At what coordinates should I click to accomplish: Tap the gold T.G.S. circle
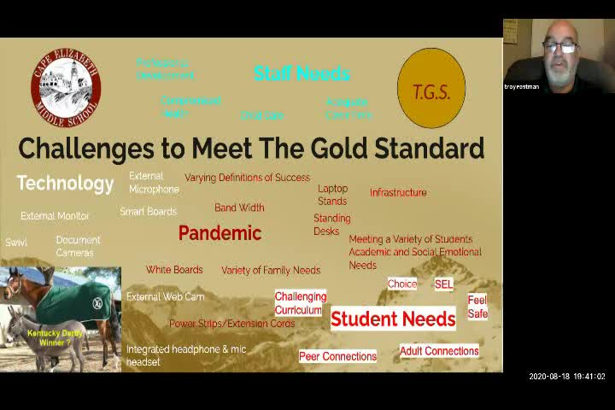point(431,89)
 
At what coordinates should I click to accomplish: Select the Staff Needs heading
point(302,73)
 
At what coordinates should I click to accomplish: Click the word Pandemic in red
point(220,232)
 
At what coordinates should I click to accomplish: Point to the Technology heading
point(65,183)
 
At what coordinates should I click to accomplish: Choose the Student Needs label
point(393,319)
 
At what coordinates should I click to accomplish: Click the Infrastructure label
point(398,192)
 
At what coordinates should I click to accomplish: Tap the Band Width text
point(239,207)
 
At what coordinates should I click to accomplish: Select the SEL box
point(443,284)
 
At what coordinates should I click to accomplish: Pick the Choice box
point(401,284)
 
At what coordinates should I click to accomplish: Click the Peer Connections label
point(337,356)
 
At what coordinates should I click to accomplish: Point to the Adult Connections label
point(439,350)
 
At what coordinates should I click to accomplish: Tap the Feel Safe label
point(477,307)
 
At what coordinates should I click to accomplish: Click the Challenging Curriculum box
point(299,303)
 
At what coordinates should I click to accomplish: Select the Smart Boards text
point(148,211)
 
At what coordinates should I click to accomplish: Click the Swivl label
point(16,243)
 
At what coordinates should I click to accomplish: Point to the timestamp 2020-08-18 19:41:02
point(566,376)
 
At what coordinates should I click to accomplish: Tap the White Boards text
point(174,270)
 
